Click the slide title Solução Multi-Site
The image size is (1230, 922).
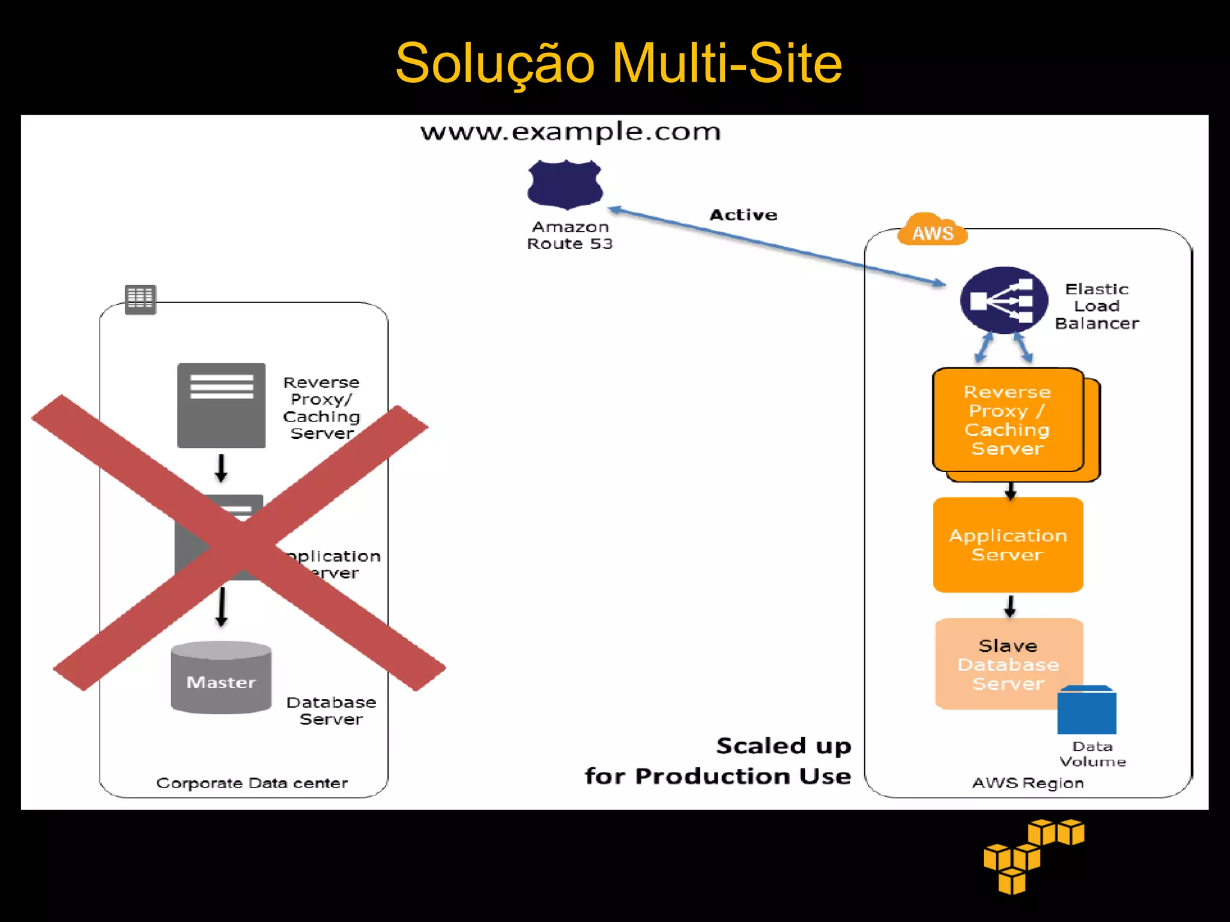tap(619, 64)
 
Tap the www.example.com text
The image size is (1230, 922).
tap(571, 131)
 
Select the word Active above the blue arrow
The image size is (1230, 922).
tap(744, 215)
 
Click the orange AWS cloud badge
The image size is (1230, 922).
tap(932, 232)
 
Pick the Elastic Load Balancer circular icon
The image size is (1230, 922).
tap(1004, 300)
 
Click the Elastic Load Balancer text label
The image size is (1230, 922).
tap(1097, 306)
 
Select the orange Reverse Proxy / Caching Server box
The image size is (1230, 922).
tap(1008, 420)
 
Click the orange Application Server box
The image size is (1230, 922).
tap(1008, 544)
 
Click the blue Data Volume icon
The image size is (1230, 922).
tap(1086, 711)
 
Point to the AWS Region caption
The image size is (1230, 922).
tap(1028, 783)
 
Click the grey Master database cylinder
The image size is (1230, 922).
tap(221, 678)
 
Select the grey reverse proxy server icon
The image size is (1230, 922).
tap(221, 405)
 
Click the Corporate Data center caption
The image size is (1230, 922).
tap(252, 783)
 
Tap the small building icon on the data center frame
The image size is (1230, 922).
tap(141, 299)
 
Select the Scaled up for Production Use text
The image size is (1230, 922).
tap(718, 761)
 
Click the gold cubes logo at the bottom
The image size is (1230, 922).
tap(1033, 855)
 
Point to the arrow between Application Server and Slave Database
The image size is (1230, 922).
tap(1010, 606)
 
